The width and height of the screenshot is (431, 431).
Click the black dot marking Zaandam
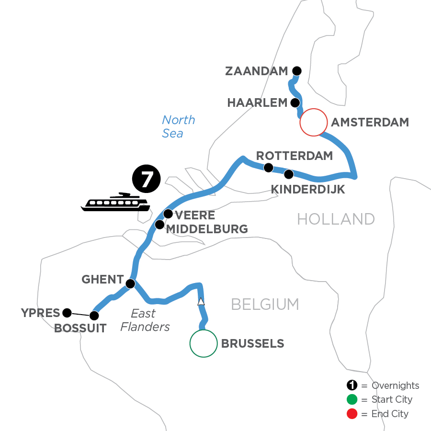coord(297,70)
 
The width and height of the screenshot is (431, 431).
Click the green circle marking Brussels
coord(203,343)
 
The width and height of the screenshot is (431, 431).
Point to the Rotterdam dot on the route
coord(269,168)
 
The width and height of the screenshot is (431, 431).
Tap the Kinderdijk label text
coord(308,190)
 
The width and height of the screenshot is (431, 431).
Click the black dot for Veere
coord(168,214)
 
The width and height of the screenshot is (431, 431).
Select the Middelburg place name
coord(207,229)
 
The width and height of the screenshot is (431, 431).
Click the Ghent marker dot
coord(130,284)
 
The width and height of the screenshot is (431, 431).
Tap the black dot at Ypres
coord(67,313)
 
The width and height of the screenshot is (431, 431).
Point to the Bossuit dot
coord(94,316)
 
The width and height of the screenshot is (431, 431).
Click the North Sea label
coord(175,126)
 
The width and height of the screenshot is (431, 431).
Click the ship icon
coord(115,203)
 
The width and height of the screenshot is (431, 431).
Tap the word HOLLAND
coord(336,219)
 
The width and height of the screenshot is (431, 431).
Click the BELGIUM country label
coord(265,304)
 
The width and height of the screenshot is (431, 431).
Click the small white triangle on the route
coord(201,302)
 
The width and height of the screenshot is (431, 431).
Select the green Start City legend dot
coord(352,399)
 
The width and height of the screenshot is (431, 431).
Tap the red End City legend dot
coord(352,413)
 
